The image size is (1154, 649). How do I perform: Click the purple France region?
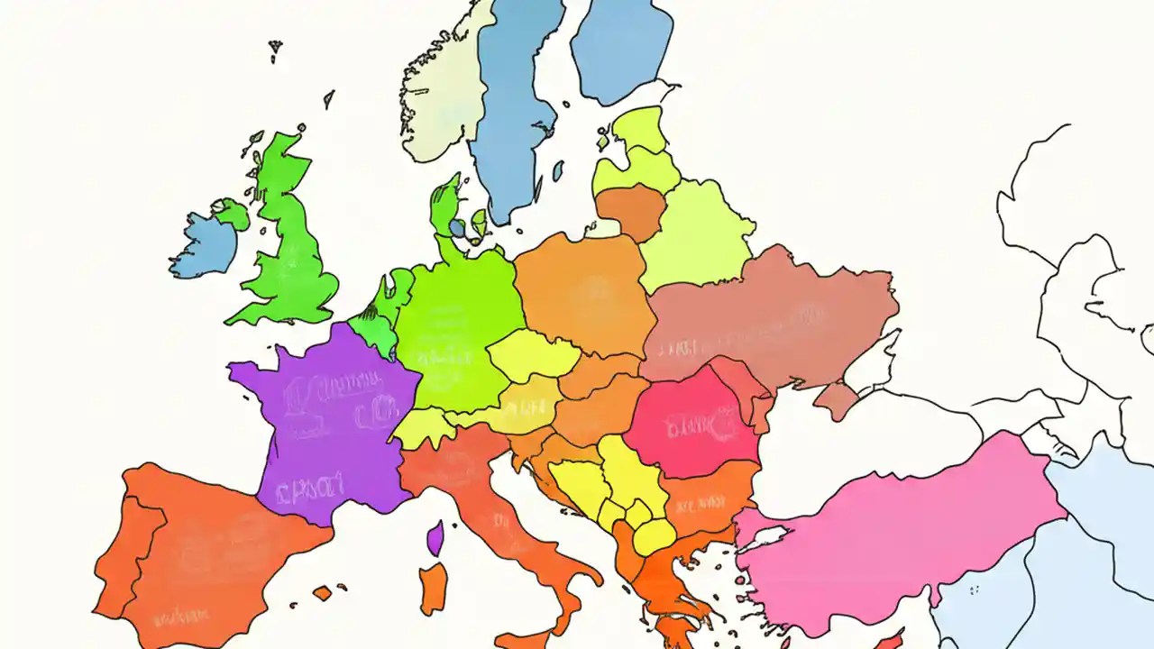pyautogui.click(x=325, y=415)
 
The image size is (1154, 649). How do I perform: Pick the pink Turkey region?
pyautogui.click(x=902, y=532)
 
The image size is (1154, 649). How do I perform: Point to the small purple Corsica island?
pyautogui.click(x=435, y=538)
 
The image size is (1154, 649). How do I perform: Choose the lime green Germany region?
pyautogui.click(x=455, y=324)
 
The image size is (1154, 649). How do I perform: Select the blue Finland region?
pyautogui.click(x=622, y=45)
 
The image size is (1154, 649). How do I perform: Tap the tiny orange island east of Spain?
pyautogui.click(x=322, y=593)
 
